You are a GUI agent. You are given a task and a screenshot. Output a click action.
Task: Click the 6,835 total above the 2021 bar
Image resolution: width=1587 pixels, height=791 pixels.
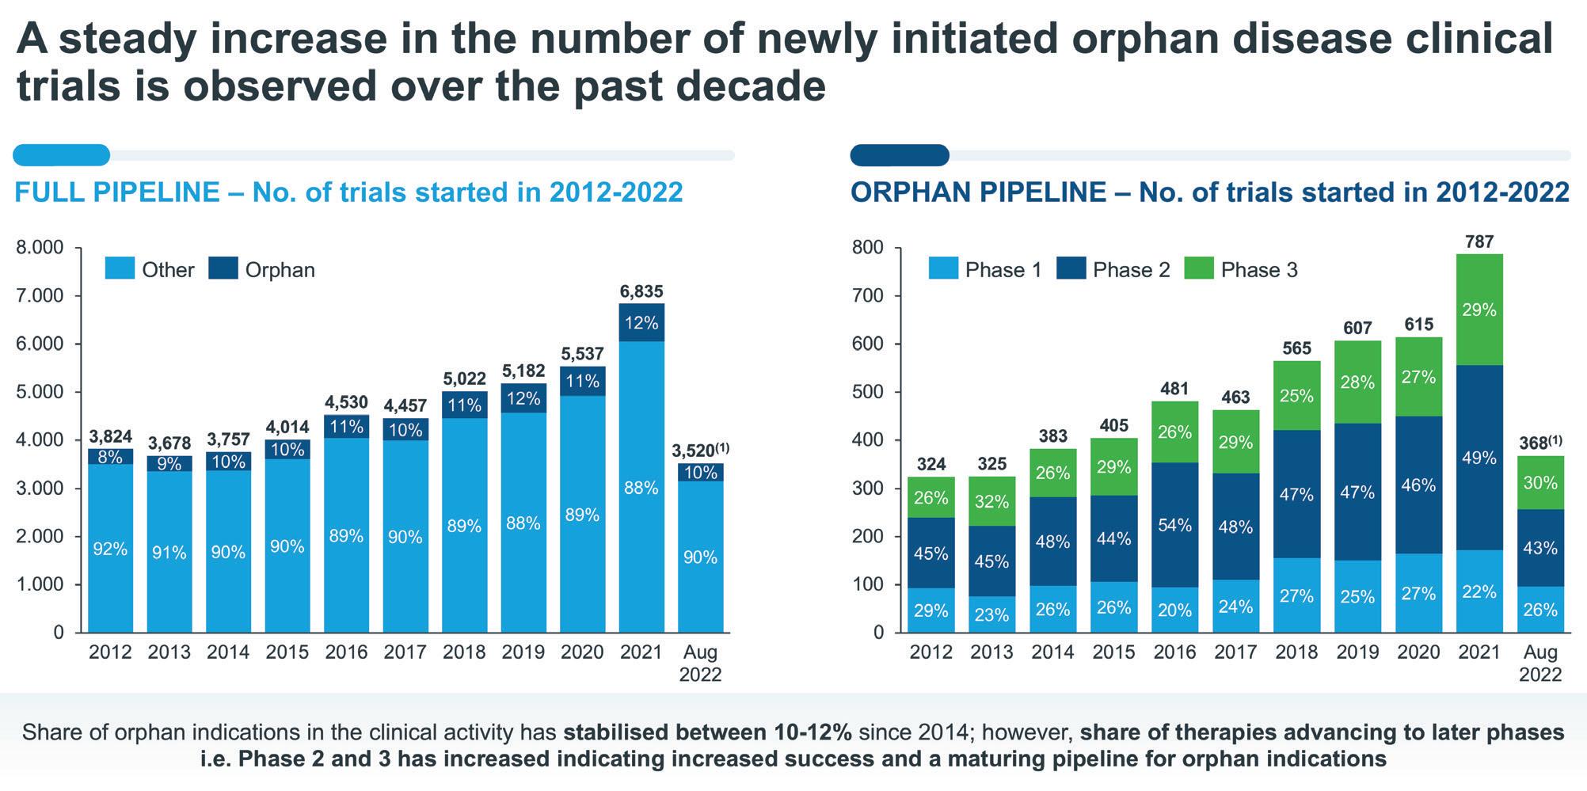641,291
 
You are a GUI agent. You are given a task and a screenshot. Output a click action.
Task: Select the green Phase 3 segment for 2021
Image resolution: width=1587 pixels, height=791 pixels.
1479,310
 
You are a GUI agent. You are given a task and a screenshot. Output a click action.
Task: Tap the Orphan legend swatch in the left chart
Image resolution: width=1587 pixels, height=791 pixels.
223,269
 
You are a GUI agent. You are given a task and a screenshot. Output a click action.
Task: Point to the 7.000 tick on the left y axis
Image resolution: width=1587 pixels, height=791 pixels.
40,296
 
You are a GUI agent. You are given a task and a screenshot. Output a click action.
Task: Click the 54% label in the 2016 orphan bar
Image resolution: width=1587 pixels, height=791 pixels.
1174,526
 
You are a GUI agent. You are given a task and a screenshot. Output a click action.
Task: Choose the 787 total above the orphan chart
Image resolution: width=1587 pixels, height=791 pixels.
1479,242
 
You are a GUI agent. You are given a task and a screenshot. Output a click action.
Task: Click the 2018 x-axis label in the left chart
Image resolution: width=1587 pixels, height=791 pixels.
464,652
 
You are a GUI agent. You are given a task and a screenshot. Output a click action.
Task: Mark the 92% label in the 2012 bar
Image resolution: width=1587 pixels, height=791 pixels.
110,549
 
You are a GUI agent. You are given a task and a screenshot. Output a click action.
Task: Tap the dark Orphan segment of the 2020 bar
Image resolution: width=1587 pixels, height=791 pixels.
582,382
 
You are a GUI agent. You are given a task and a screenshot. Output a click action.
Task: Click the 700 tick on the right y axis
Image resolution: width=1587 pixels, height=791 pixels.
867,296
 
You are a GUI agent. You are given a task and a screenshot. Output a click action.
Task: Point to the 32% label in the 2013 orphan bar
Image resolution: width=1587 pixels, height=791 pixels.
991,502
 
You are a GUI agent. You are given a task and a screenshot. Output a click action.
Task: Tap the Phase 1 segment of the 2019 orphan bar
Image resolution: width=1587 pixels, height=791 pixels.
1357,596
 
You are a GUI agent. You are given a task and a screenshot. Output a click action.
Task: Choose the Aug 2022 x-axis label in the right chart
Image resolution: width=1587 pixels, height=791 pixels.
1539,663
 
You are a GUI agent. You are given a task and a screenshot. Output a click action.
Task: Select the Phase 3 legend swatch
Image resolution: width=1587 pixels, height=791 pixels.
1198,269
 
